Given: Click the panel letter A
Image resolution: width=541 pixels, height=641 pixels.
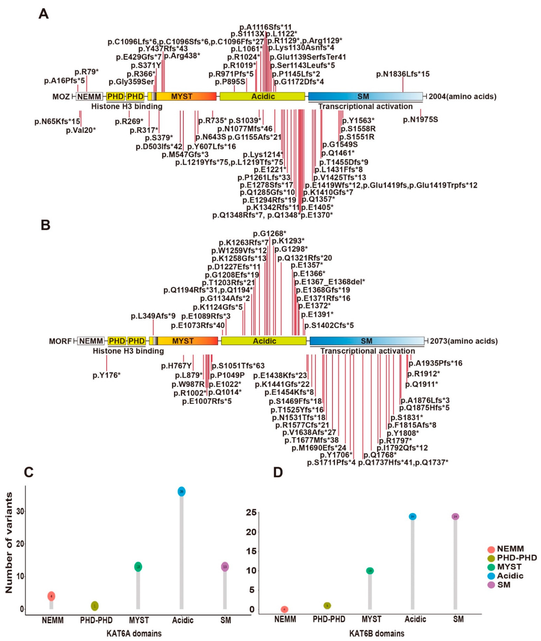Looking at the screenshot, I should click(44, 14).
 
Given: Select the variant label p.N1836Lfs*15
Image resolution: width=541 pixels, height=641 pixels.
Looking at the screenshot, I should click(403, 74).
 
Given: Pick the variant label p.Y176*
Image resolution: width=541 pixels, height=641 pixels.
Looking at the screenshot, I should click(106, 375).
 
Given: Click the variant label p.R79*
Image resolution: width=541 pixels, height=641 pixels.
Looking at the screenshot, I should click(86, 72).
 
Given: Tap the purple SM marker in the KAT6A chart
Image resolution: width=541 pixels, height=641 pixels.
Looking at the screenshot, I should click(225, 567).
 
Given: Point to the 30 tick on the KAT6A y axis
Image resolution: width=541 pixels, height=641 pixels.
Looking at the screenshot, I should click(20, 512).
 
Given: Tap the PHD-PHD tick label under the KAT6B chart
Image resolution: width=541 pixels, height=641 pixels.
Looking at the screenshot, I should click(329, 619).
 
